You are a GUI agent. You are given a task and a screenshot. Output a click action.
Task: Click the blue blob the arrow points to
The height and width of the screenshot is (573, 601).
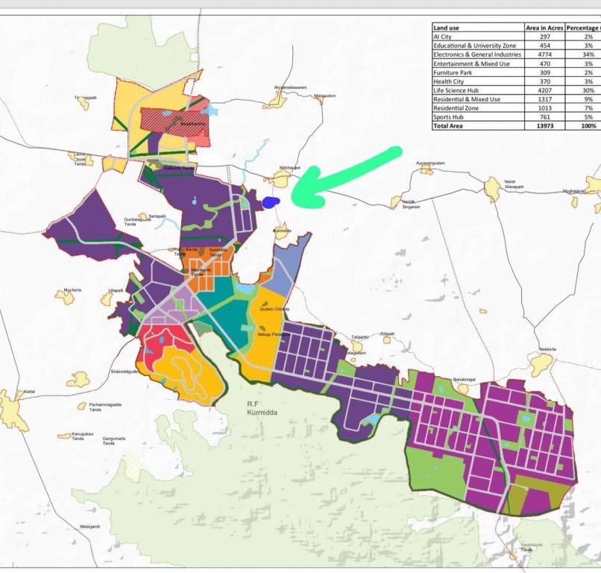pyautogui.click(x=270, y=201)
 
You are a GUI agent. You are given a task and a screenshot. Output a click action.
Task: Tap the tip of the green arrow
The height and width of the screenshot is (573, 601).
pyautogui.click(x=293, y=200)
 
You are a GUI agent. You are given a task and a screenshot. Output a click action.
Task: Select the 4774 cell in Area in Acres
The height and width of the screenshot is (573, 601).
pyautogui.click(x=544, y=54)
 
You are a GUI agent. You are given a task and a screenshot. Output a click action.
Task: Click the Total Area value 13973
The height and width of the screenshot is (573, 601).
pyautogui.click(x=544, y=126)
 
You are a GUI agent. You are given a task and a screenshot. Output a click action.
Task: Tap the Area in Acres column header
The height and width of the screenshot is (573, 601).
pyautogui.click(x=544, y=28)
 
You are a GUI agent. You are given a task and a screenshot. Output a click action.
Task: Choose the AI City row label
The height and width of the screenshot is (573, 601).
pyautogui.click(x=442, y=37)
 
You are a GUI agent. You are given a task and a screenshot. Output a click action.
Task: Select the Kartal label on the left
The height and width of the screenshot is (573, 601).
pyautogui.click(x=30, y=391)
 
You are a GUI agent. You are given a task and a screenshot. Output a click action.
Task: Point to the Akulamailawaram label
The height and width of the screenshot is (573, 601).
pyautogui.click(x=291, y=87)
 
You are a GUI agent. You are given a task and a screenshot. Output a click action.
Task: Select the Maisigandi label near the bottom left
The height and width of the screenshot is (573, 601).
pyautogui.click(x=90, y=527)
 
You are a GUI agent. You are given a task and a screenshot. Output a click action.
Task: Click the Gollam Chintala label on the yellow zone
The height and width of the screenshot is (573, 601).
pyautogui.click(x=274, y=308)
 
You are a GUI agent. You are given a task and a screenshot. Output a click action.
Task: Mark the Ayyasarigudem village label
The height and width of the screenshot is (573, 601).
pyautogui.click(x=430, y=163)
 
